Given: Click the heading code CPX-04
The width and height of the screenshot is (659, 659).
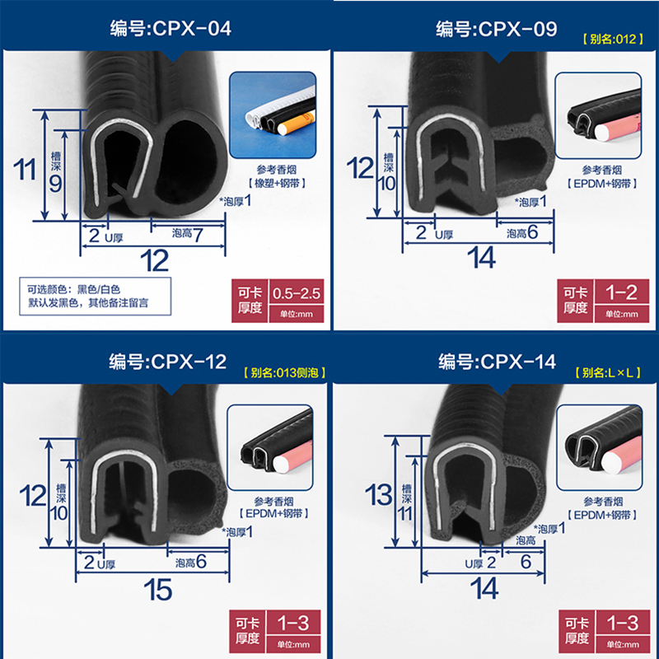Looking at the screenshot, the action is [171, 30].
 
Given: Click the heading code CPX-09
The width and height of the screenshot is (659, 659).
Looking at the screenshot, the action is [497, 30].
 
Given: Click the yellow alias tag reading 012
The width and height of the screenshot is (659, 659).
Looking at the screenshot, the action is [610, 38].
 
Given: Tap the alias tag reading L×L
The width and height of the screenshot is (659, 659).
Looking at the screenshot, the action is [610, 372].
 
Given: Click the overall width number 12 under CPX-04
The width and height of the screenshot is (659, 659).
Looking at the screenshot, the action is [154, 261].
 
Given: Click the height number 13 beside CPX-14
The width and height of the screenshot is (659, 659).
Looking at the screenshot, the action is [379, 495].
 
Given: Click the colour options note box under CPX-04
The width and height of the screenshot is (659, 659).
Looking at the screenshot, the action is [96, 297].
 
